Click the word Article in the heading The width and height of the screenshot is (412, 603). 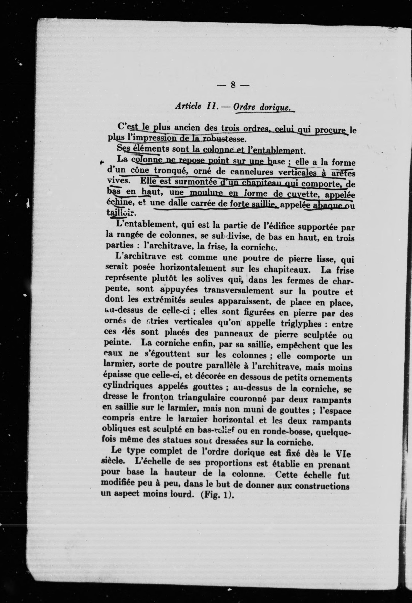tap(188, 106)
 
